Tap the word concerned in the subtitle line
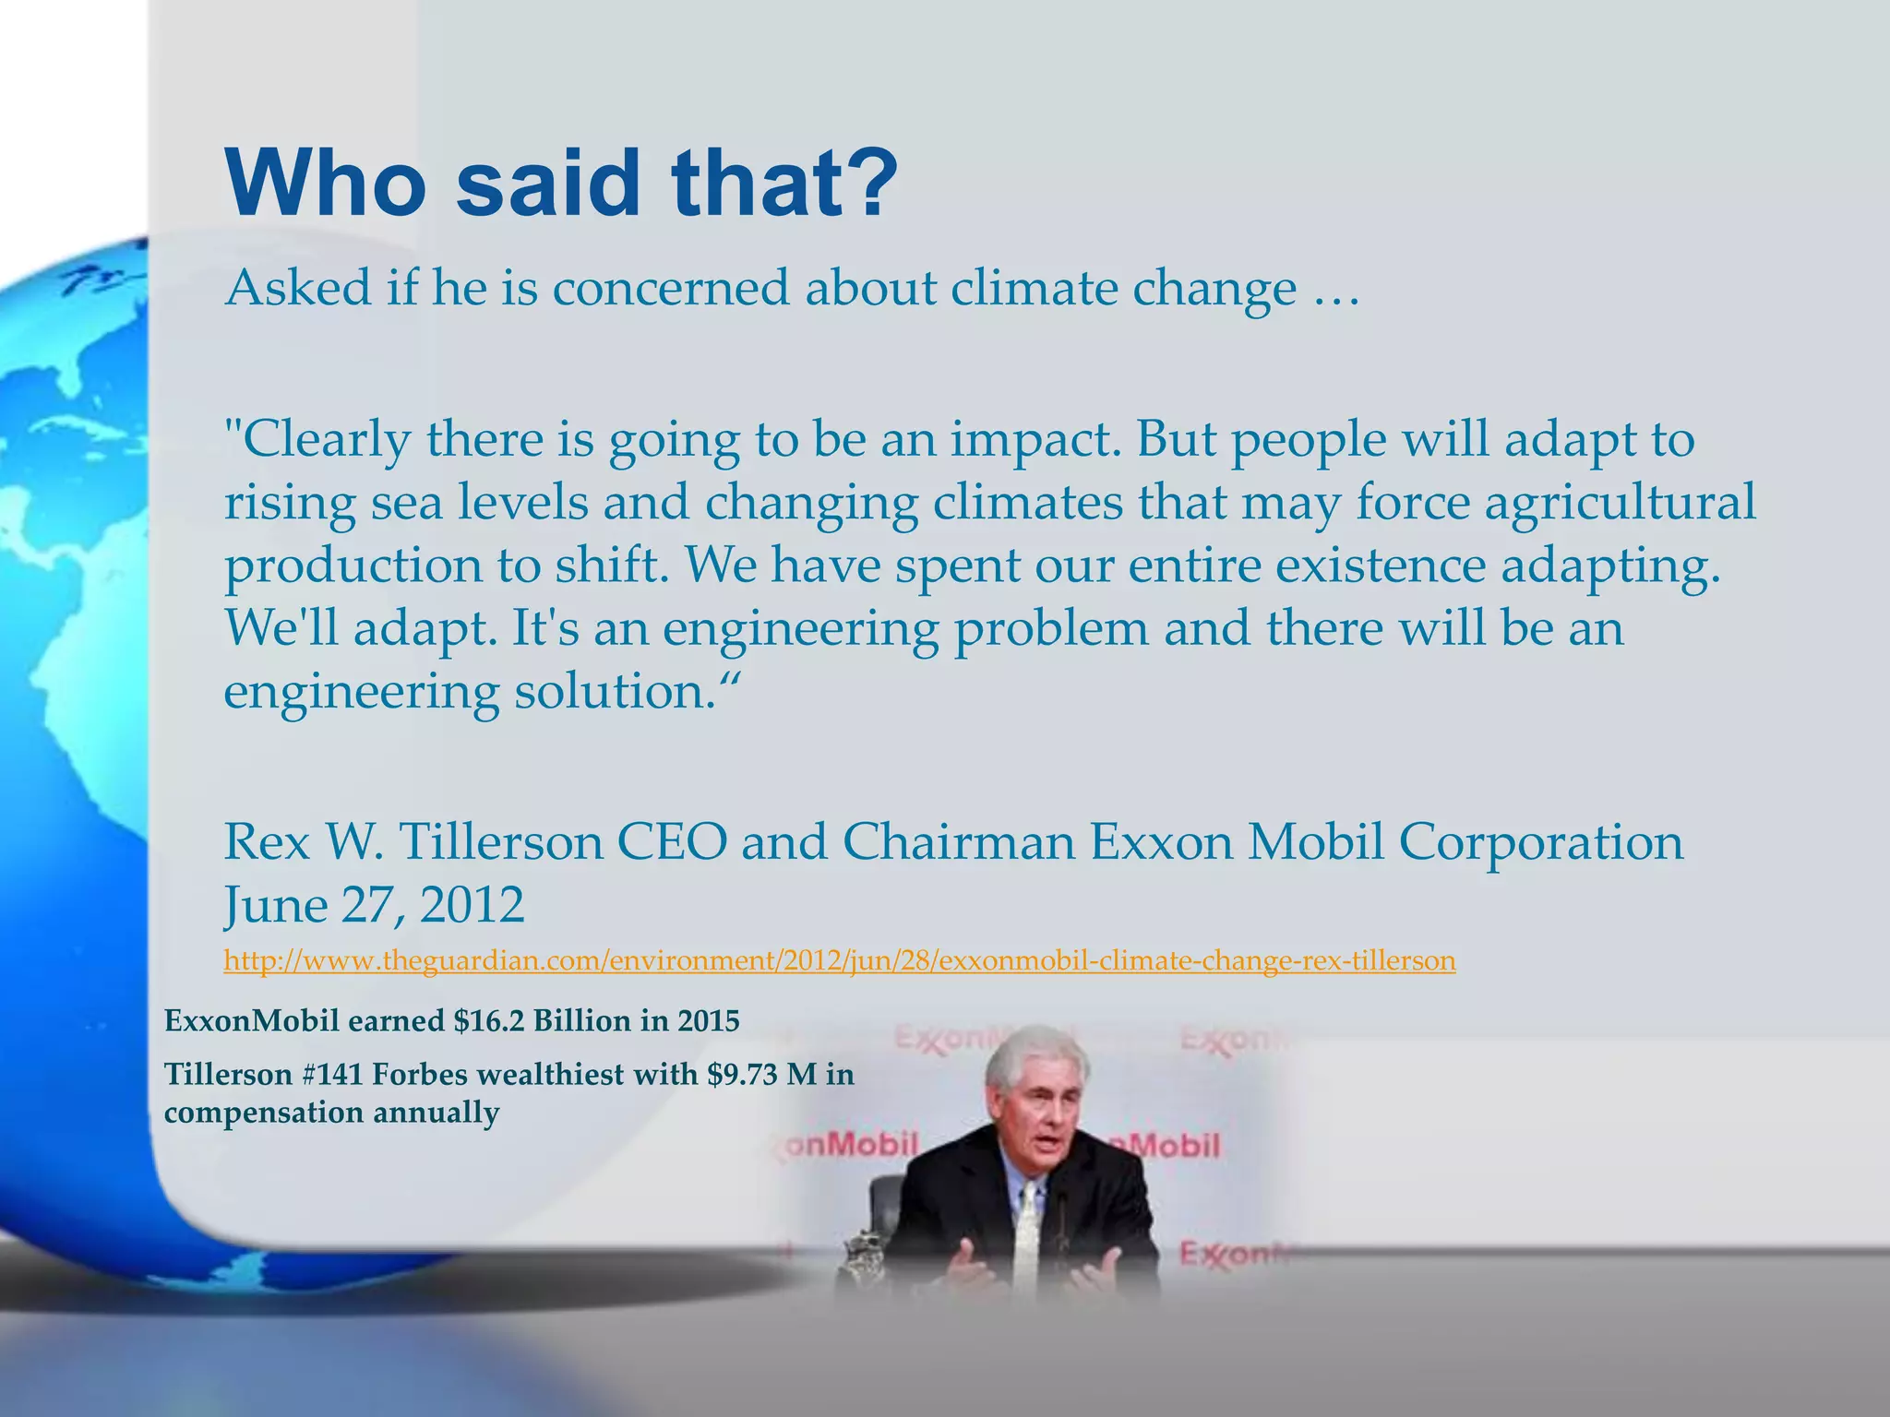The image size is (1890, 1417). coord(672,288)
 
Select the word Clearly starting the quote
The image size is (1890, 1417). coord(318,439)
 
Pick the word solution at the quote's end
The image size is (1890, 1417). coord(613,692)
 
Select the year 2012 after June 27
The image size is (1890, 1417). coord(472,905)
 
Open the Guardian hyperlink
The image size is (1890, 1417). coord(839,961)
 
